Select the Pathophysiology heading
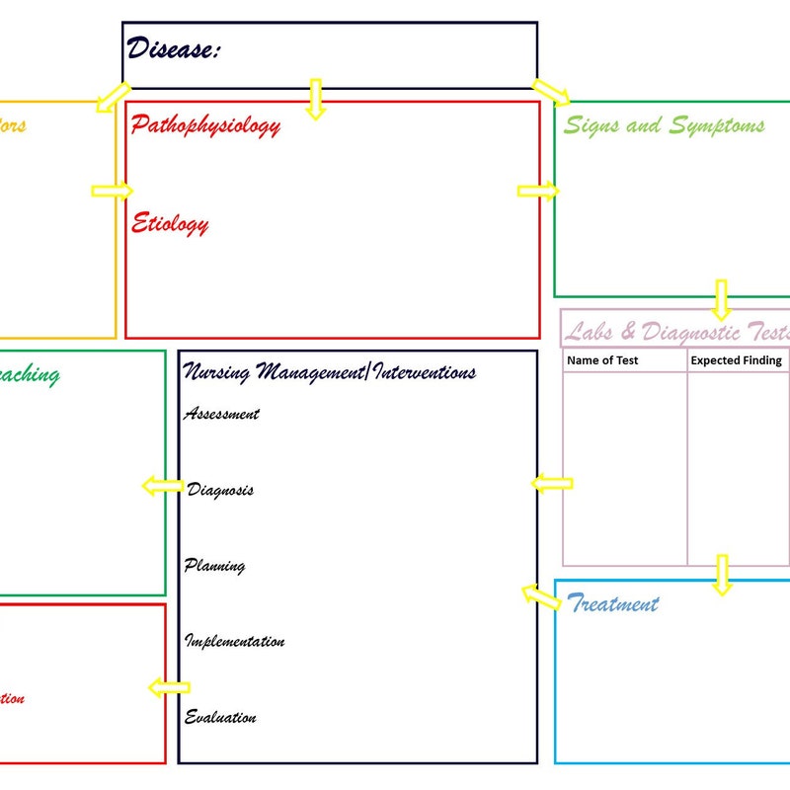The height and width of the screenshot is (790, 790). pyautogui.click(x=205, y=125)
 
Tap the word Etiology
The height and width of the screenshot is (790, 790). pyautogui.click(x=170, y=223)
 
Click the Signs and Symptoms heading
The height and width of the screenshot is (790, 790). pyautogui.click(x=664, y=125)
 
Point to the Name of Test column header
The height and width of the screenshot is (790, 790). pyautogui.click(x=602, y=360)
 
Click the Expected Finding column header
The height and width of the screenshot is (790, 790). pyautogui.click(x=736, y=360)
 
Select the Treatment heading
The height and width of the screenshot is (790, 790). pyautogui.click(x=613, y=603)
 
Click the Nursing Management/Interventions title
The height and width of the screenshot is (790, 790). pyautogui.click(x=330, y=372)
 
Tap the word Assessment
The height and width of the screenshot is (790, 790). pyautogui.click(x=221, y=414)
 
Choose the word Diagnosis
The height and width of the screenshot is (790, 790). pyautogui.click(x=220, y=490)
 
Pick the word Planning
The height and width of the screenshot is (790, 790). pyautogui.click(x=214, y=566)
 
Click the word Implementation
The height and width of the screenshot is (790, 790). pyautogui.click(x=235, y=642)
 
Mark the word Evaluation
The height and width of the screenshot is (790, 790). pyautogui.click(x=220, y=718)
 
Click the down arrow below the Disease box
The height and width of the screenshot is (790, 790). pyautogui.click(x=315, y=99)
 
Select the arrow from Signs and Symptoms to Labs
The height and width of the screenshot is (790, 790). pyautogui.click(x=721, y=298)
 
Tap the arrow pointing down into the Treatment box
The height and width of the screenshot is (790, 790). pyautogui.click(x=722, y=574)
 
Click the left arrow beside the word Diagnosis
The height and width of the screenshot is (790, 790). pyautogui.click(x=162, y=486)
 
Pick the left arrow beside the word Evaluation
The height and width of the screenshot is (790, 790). pyautogui.click(x=168, y=688)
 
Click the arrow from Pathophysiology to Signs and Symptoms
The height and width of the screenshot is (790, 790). pyautogui.click(x=537, y=191)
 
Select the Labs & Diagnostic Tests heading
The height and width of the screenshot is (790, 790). pyautogui.click(x=677, y=331)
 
